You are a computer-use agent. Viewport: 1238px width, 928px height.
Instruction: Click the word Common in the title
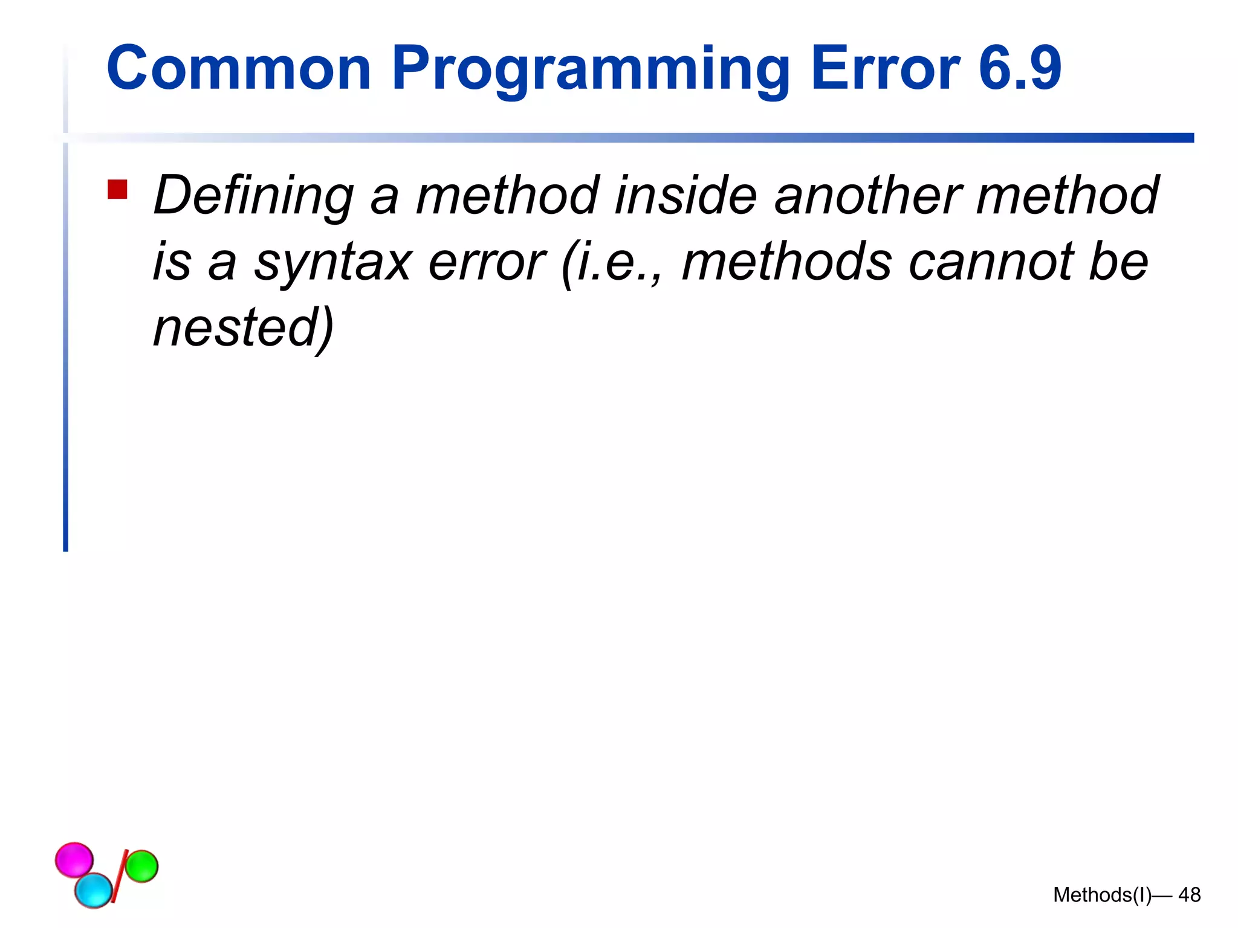tap(238, 68)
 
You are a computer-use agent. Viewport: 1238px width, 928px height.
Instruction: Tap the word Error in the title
tap(885, 68)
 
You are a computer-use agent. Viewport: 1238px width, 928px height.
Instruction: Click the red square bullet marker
tap(117, 190)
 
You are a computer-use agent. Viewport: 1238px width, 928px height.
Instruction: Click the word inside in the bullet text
tap(685, 195)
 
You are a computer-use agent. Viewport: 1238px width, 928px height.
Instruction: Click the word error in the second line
tap(487, 262)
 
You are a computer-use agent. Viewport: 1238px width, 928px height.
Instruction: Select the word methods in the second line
tap(786, 262)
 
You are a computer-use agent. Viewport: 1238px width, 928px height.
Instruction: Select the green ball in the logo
tap(141, 866)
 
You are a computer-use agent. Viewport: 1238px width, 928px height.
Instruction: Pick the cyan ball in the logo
tap(94, 890)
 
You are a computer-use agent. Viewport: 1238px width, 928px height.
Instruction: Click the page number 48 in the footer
tap(1189, 895)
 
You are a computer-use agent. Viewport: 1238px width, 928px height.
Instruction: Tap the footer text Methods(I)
tap(1102, 895)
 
